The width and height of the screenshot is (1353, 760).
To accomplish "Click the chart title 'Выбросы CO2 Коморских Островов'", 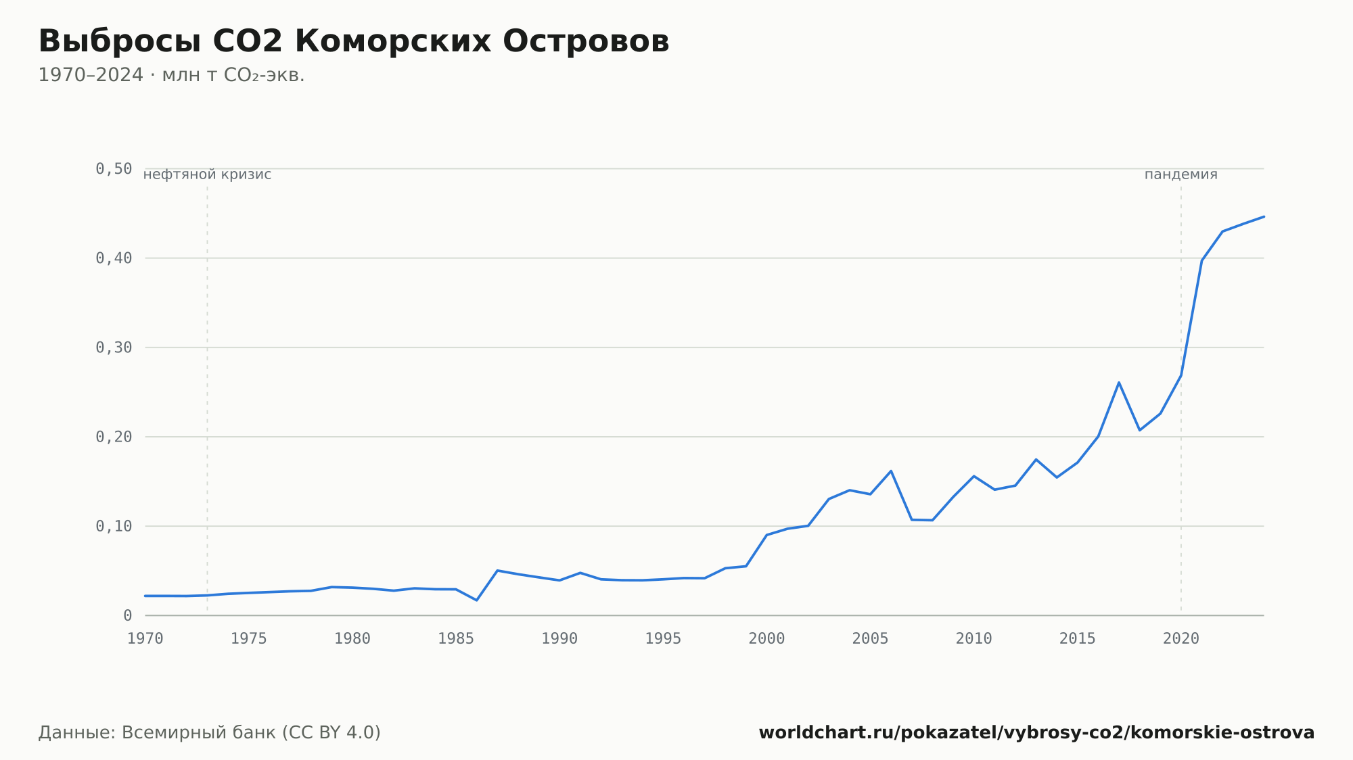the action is (x=354, y=41).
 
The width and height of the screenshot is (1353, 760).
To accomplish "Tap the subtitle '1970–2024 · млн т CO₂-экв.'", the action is (x=171, y=75).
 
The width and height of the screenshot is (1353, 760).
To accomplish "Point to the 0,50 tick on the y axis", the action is (x=114, y=169).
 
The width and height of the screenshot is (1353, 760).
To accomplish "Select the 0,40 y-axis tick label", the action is (x=114, y=258).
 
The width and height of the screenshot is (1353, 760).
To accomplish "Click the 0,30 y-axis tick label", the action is (x=114, y=348).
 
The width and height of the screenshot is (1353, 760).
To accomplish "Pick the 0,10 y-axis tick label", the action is (x=114, y=526).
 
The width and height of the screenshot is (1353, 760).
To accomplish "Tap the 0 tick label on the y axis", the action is (x=128, y=615).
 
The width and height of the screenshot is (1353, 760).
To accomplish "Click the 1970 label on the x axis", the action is (x=145, y=639).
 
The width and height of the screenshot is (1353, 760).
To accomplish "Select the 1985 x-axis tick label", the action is (x=456, y=639).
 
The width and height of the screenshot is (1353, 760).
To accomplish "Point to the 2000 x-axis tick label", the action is (x=766, y=639).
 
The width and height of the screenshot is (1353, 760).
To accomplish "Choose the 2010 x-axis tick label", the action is (x=973, y=639).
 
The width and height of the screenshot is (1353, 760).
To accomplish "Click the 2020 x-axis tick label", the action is (x=1181, y=639).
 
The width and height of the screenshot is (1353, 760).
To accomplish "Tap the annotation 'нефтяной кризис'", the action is (x=207, y=174).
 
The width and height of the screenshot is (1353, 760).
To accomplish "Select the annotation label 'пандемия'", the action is (x=1181, y=174).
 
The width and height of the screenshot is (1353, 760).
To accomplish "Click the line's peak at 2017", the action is (x=1119, y=383).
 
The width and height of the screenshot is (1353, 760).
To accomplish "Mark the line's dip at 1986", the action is (x=477, y=600).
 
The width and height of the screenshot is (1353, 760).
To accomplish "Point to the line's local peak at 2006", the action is (x=891, y=471).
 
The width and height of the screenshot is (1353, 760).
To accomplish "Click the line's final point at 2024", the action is (x=1264, y=216).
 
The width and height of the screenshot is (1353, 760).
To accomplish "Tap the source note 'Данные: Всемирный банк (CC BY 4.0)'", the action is (x=210, y=732).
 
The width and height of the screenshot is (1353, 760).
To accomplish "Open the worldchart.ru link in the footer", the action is (x=1036, y=732).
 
